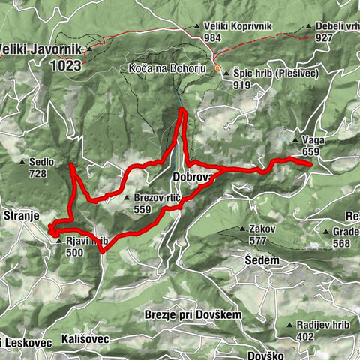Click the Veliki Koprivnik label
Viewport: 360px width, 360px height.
[238, 25]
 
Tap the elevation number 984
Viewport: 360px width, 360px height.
[214, 37]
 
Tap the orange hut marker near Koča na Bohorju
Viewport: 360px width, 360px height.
[217, 68]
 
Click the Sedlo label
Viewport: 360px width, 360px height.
[40, 161]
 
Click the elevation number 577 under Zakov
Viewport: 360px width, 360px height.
[258, 241]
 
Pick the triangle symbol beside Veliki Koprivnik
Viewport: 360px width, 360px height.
[199, 25]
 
